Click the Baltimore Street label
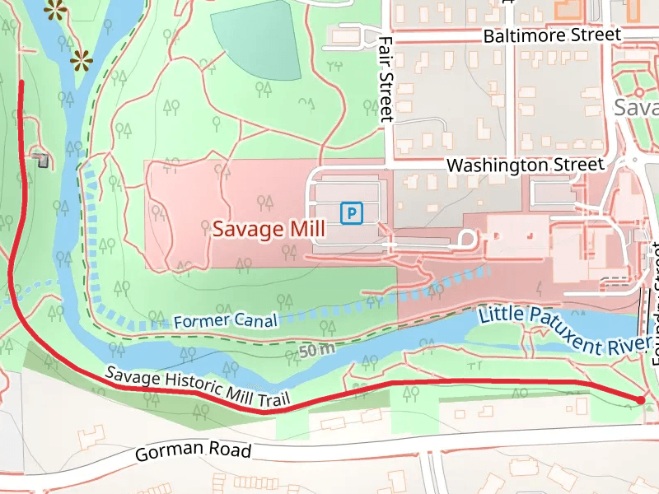pos(552,35)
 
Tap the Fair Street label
pos(386,80)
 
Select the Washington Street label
pos(526,165)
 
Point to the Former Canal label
pos(225,321)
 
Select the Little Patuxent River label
pos(560,329)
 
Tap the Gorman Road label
pos(193,452)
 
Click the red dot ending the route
pos(641,400)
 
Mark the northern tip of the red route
pos(21,82)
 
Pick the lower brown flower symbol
pos(81,59)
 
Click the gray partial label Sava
pos(636,109)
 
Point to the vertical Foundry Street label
pos(656,305)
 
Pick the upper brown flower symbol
pos(55,9)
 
